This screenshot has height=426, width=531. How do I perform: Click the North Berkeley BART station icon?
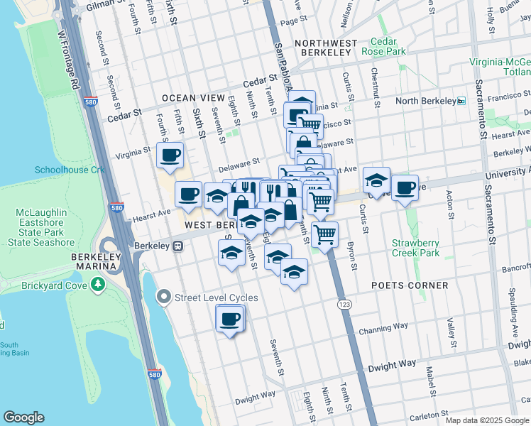(461, 101)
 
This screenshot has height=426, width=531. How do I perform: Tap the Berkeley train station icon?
(178, 246)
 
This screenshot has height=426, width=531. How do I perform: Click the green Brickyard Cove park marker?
(97, 285)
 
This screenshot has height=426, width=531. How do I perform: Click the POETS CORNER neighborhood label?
(410, 285)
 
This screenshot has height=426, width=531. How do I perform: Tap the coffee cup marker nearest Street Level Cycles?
(230, 319)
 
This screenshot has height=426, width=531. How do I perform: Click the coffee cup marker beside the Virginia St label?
(170, 155)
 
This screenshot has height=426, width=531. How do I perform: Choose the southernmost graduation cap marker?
(294, 272)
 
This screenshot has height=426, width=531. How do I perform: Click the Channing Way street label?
(383, 329)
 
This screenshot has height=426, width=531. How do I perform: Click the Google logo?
(24, 417)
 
